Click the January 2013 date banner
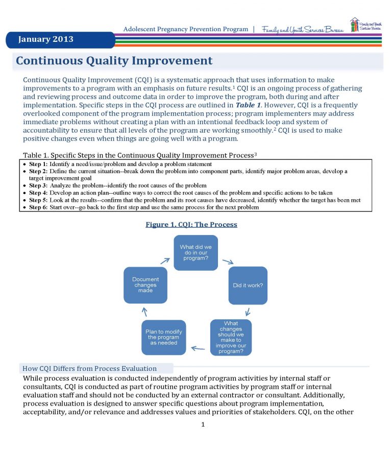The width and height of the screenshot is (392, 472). (x=46, y=39)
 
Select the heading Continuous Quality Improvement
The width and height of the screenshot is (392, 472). (x=114, y=61)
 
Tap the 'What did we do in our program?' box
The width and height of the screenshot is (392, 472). (x=195, y=252)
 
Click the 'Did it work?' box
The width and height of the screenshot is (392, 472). (x=248, y=285)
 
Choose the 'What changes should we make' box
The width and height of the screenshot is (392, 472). (x=231, y=337)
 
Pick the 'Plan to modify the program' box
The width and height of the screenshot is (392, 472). (x=163, y=337)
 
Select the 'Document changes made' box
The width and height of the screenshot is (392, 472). (x=145, y=285)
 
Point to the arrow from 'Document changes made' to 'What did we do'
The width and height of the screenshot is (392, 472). (x=165, y=260)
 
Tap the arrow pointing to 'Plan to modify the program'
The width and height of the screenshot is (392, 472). (x=198, y=349)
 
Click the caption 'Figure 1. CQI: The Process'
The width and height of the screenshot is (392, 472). (x=191, y=224)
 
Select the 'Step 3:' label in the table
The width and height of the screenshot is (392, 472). (x=38, y=185)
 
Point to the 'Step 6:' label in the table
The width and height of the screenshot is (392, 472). (x=38, y=207)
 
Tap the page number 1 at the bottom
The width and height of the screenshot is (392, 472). (x=203, y=424)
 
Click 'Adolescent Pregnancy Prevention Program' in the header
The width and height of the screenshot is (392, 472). (x=185, y=29)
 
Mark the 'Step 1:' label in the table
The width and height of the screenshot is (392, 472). (x=38, y=164)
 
